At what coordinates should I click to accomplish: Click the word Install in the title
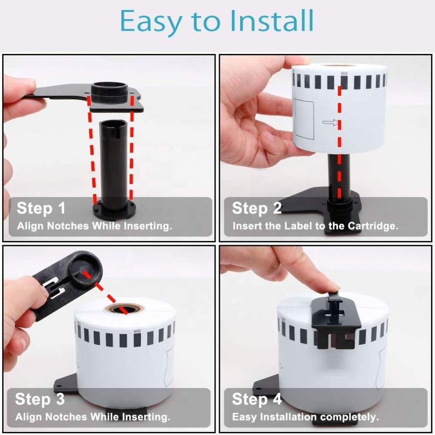coord(272,20)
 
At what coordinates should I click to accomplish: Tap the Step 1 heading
coord(41,208)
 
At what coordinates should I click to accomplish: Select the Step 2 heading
coord(256,208)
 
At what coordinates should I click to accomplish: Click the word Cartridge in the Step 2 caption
coord(373,226)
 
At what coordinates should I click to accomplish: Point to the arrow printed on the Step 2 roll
coord(330,122)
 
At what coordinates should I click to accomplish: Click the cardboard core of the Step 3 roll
coord(124,308)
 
